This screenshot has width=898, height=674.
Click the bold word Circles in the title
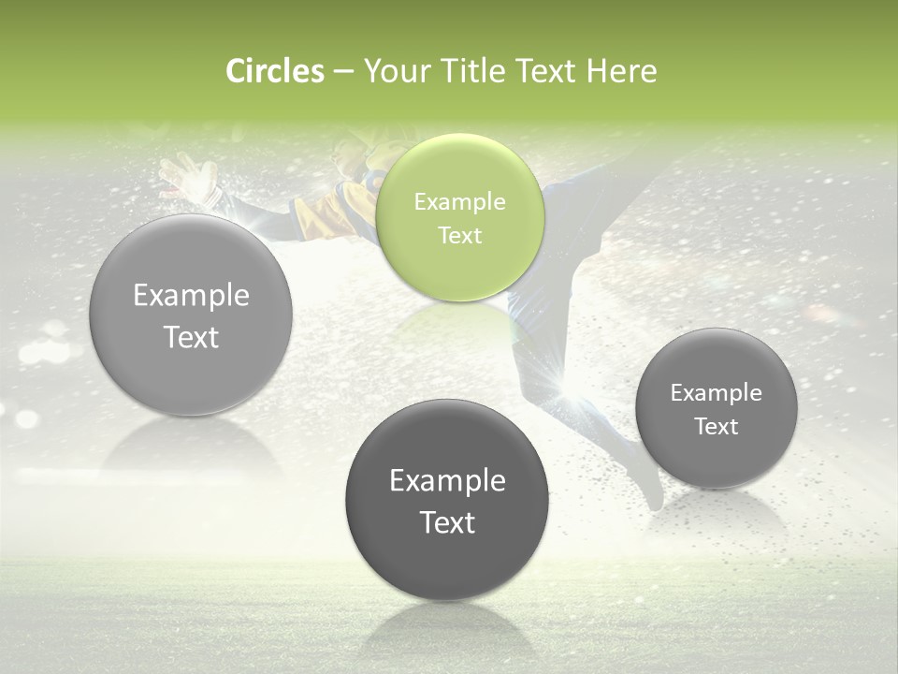click(274, 71)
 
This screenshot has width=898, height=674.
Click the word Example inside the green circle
click(459, 201)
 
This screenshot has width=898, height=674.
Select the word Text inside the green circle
click(459, 235)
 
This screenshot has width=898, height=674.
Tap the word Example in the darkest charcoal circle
click(447, 480)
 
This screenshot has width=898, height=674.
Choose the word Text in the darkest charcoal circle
click(447, 522)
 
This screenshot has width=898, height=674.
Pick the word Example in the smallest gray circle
click(716, 392)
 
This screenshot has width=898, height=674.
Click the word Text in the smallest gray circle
click(716, 426)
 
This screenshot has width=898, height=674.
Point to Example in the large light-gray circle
click(191, 295)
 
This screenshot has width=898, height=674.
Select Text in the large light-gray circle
click(191, 337)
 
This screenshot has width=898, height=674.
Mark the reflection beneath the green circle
click(458, 323)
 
